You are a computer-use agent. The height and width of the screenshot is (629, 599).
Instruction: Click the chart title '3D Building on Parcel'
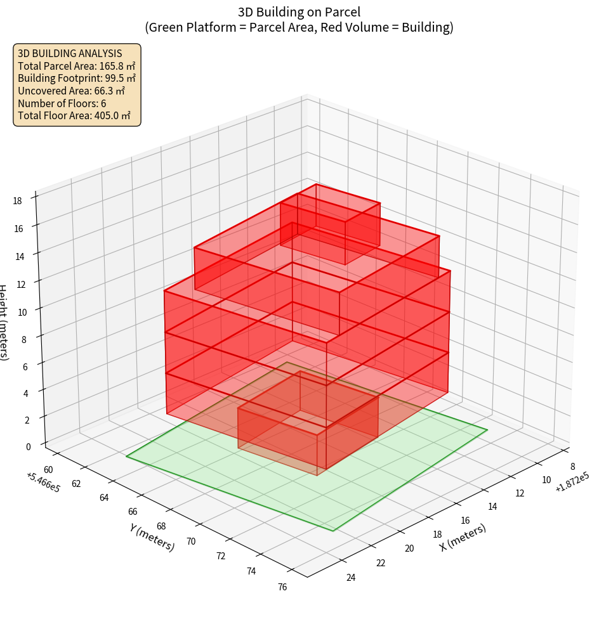(299, 11)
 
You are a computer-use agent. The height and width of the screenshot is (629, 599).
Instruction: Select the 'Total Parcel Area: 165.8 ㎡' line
(76, 66)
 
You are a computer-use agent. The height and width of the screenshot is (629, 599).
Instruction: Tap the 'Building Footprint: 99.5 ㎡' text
(76, 78)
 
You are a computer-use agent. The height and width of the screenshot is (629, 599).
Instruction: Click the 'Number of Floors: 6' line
(62, 103)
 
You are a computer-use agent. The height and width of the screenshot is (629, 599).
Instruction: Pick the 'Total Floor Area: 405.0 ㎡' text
(74, 115)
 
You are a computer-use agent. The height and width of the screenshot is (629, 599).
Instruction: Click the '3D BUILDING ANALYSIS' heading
(70, 53)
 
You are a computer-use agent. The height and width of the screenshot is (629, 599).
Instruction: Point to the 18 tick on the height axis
(17, 201)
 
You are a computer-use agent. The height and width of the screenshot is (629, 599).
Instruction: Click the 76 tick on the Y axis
(282, 587)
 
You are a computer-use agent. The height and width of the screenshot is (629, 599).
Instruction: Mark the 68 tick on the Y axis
(161, 526)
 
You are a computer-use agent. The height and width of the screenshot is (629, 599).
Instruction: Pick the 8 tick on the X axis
(572, 468)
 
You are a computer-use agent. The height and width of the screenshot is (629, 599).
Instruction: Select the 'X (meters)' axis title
(463, 538)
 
